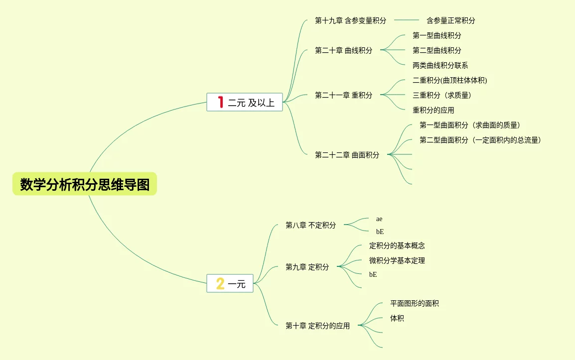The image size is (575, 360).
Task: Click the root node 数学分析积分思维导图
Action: (x=85, y=185)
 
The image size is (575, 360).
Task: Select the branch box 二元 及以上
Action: (x=245, y=103)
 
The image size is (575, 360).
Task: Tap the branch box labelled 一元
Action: (x=230, y=284)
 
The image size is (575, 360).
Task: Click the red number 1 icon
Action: (x=220, y=102)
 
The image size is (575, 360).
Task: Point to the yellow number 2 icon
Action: (x=220, y=284)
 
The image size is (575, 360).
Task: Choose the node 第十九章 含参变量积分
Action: (x=350, y=21)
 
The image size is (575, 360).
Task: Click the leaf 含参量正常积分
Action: (x=450, y=21)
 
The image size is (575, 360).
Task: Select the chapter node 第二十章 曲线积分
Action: (x=343, y=50)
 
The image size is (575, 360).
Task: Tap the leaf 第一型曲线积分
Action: (x=436, y=36)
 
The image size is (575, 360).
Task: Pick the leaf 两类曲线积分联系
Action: (x=440, y=66)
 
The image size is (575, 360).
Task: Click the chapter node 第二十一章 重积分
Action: (x=343, y=95)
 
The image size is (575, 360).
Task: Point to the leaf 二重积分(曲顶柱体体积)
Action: (x=449, y=81)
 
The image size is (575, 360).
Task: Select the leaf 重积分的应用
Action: (x=433, y=111)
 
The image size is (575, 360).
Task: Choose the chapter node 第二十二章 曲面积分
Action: (x=347, y=155)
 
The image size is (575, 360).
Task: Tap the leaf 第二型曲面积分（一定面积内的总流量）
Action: (x=480, y=140)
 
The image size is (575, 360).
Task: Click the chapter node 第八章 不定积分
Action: (x=310, y=225)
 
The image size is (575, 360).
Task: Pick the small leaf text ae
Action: (x=379, y=219)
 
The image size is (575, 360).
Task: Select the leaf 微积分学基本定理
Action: (x=397, y=261)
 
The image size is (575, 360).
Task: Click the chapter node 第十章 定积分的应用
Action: (x=317, y=326)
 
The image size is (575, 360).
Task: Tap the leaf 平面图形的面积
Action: (x=414, y=304)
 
